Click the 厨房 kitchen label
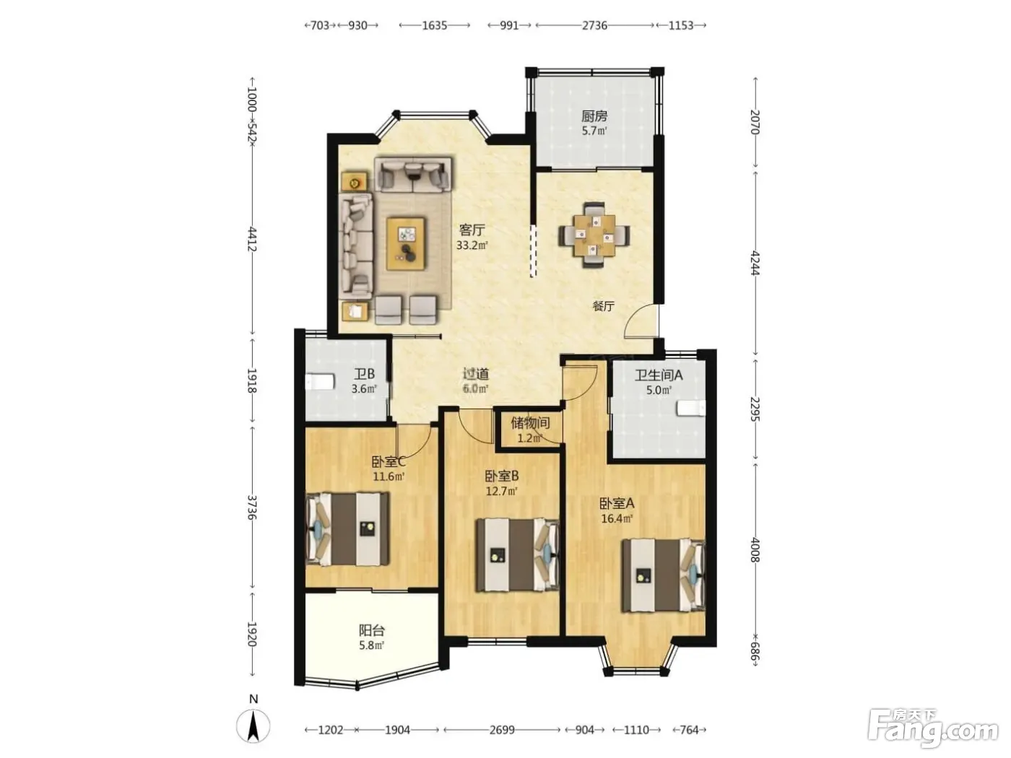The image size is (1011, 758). tap(594, 116)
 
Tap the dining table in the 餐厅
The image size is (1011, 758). tap(594, 235)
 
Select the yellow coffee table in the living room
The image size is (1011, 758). tap(405, 243)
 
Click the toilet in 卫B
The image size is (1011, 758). tap(319, 382)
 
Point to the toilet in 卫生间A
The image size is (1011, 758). tap(690, 408)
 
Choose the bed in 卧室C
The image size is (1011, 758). tap(347, 529)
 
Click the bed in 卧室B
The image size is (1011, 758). tap(517, 555)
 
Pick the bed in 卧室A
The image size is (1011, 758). tap(663, 576)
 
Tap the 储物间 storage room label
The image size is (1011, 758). tap(530, 422)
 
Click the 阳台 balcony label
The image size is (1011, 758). tap(372, 630)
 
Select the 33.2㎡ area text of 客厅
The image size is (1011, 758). tap(472, 245)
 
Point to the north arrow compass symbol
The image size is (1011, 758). tap(253, 726)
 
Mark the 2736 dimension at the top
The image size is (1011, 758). tap(594, 25)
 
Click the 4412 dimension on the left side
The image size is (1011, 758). tap(251, 239)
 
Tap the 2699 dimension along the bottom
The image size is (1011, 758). tap(502, 729)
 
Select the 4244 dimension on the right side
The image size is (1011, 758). tap(754, 263)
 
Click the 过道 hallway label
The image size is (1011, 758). tap(476, 374)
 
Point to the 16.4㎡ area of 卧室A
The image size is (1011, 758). tap(617, 518)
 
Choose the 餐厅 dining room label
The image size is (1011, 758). tap(603, 306)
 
